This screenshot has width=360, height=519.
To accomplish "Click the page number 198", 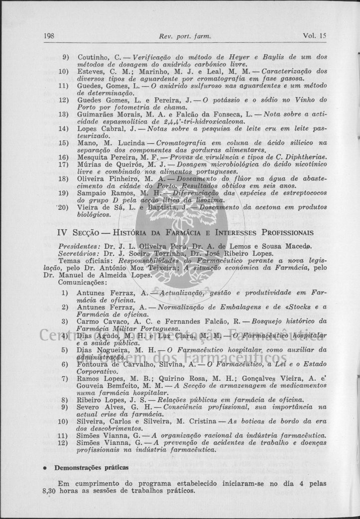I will tap(49, 36).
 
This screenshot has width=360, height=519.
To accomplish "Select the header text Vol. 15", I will tap(314, 36).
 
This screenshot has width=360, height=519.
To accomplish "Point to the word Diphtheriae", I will tap(307, 157).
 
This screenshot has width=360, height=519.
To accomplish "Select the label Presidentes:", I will tap(78, 246).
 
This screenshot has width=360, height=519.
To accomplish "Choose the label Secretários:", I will tap(78, 253).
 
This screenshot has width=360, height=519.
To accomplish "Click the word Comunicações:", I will tap(79, 282).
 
